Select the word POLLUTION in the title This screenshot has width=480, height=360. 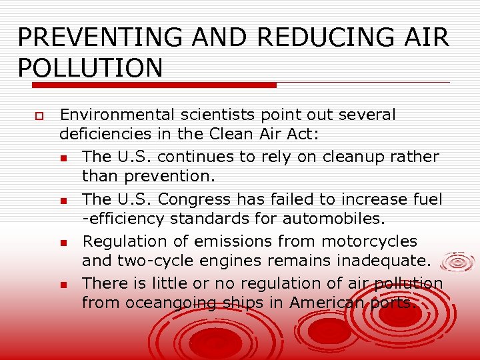pyautogui.click(x=90, y=68)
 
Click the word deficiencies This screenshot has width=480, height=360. pyautogui.click(x=105, y=134)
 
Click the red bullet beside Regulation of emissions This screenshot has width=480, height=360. pyautogui.click(x=62, y=242)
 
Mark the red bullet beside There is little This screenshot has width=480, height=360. pyautogui.click(x=62, y=285)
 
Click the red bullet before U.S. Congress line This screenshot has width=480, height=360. pyautogui.click(x=62, y=200)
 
